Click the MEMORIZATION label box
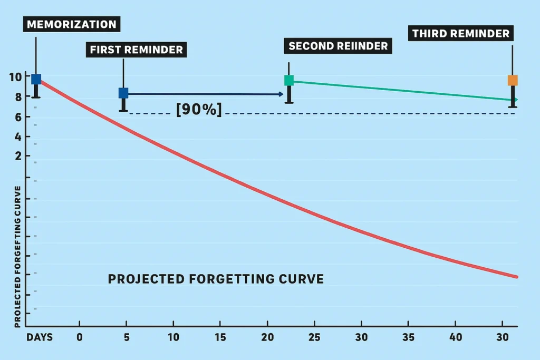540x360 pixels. [x=72, y=24]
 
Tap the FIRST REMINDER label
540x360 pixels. [x=137, y=50]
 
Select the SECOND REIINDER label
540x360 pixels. [x=337, y=46]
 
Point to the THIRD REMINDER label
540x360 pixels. [x=461, y=34]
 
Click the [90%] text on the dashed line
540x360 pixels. [x=199, y=110]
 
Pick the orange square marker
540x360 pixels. [x=513, y=80]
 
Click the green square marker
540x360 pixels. [x=289, y=80]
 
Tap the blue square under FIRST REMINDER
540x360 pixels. [x=123, y=93]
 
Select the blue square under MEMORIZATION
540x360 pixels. [x=36, y=80]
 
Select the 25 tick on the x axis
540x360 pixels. [x=315, y=337]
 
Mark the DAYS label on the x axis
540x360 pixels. [x=40, y=337]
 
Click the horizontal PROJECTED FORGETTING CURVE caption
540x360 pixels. [x=216, y=279]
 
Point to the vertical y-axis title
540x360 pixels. [x=17, y=257]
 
